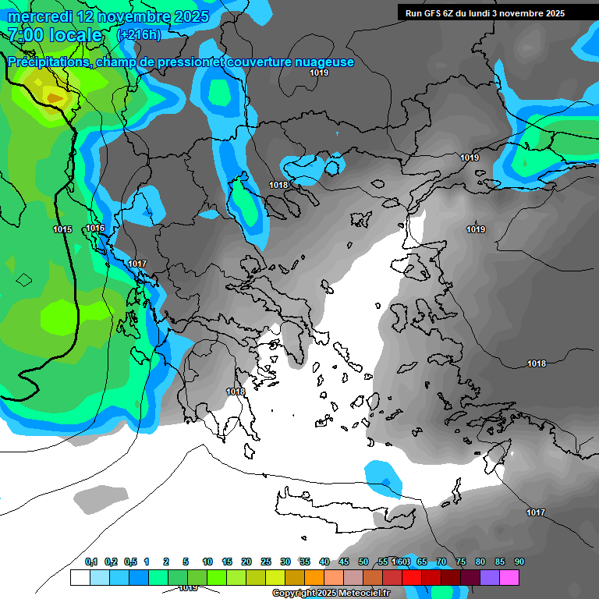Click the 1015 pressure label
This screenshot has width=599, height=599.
click(x=63, y=229)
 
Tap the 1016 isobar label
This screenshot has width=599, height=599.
click(x=95, y=228)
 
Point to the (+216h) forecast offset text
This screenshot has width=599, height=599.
click(x=139, y=35)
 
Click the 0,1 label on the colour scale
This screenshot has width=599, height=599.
click(x=91, y=562)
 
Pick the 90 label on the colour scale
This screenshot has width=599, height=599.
click(x=519, y=562)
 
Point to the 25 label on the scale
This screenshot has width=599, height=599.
click(x=266, y=562)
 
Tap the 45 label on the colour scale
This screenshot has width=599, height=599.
click(x=344, y=562)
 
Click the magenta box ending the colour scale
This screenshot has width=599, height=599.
click(x=509, y=578)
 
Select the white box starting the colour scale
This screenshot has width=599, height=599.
click(x=80, y=578)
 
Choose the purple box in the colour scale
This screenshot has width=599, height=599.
click(x=490, y=578)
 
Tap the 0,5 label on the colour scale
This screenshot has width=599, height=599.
click(x=130, y=562)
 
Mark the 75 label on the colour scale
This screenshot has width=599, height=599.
click(x=461, y=562)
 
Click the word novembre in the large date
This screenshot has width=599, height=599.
click(x=133, y=16)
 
